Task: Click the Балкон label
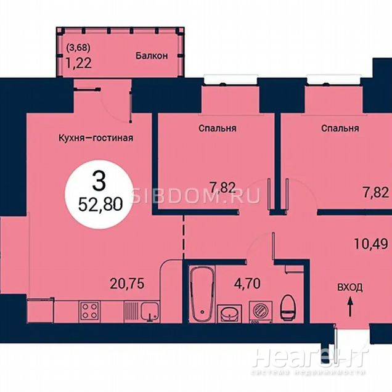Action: (152, 55)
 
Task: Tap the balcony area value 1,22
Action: (78, 63)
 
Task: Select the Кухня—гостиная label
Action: (96, 137)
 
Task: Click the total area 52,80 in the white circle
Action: (100, 205)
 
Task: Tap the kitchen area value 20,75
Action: (127, 284)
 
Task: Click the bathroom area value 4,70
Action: (247, 284)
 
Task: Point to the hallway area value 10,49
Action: (371, 243)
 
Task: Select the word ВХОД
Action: (350, 287)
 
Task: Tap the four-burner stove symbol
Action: (89, 311)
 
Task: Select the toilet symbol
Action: (288, 306)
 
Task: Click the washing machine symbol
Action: (261, 312)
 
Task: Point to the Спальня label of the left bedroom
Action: (217, 128)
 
